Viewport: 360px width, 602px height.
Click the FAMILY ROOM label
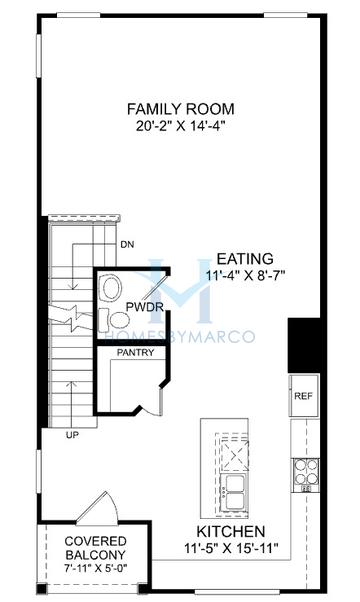(180, 108)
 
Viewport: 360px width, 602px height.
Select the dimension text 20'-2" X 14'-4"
(180, 126)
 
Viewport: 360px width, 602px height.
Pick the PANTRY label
(133, 353)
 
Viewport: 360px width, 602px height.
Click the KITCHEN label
(231, 531)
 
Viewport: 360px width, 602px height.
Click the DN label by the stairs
(127, 243)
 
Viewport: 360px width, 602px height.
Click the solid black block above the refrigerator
(302, 346)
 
